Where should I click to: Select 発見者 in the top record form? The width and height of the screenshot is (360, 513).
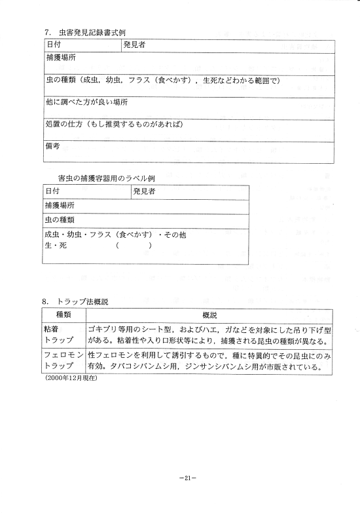[x=135, y=45]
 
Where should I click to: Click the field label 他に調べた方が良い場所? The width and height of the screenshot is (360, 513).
[x=86, y=103]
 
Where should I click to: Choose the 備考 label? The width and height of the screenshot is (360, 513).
[x=52, y=146]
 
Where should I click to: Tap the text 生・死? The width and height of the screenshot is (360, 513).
[x=56, y=246]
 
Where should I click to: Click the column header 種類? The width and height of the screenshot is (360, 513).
[x=63, y=316]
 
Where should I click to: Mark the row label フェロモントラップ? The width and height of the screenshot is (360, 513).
[x=63, y=361]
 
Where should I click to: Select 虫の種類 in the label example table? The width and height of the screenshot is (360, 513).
[x=61, y=219]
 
